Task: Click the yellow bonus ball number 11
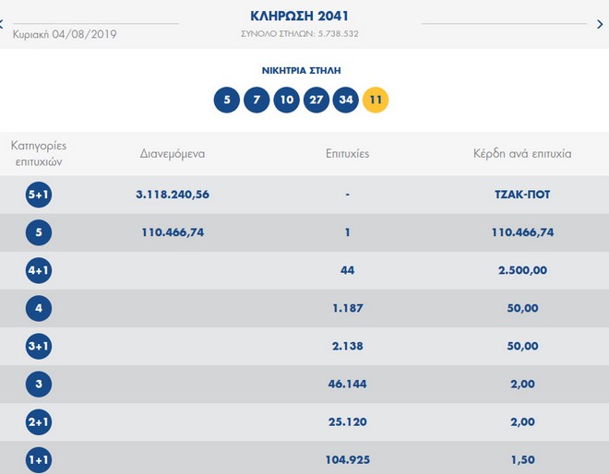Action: (376, 99)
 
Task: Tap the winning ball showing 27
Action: (316, 99)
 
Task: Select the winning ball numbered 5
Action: (227, 99)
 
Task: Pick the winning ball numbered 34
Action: (346, 99)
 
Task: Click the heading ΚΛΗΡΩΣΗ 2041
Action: (300, 16)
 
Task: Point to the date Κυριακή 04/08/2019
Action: (65, 35)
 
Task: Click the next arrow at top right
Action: (600, 24)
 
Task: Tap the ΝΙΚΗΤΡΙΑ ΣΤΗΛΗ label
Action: (300, 70)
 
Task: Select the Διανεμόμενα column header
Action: (173, 154)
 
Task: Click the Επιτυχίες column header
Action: (348, 154)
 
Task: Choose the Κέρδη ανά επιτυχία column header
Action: (522, 154)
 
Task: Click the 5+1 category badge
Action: (39, 195)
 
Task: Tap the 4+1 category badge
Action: (39, 271)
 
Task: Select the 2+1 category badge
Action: (39, 422)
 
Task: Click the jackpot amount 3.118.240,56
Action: (173, 195)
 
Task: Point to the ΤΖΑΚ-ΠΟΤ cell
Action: (523, 195)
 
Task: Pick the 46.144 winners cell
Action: (348, 385)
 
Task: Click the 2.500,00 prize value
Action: (523, 271)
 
